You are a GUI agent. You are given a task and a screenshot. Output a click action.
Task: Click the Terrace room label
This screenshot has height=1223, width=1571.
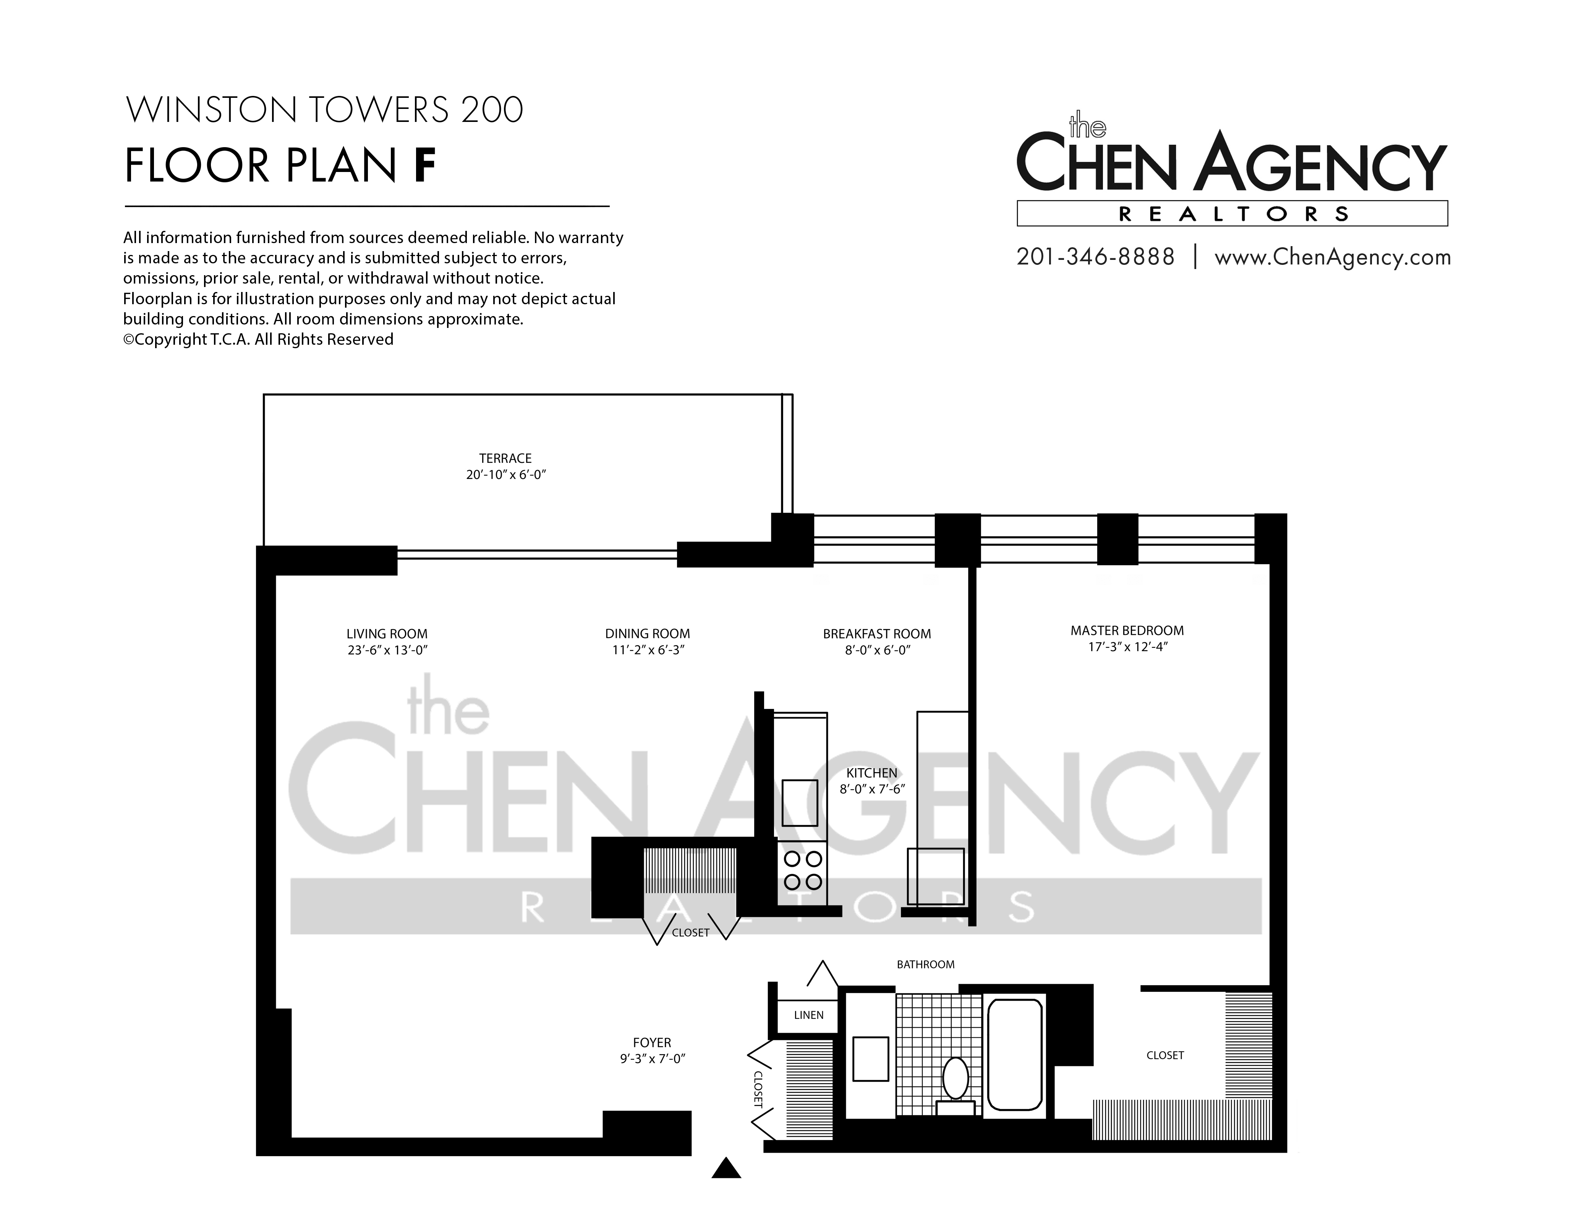pos(506,458)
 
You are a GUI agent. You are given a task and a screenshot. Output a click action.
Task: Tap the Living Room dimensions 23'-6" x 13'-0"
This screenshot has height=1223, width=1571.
pos(387,650)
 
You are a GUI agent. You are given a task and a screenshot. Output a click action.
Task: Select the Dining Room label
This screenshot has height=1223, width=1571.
pos(648,634)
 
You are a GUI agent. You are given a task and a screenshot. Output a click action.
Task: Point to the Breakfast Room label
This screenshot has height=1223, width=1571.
pos(877,634)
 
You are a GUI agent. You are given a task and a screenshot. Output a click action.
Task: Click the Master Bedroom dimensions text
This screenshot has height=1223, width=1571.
pos(1127,647)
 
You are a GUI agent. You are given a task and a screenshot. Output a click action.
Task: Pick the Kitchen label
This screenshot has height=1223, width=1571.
pos(872,773)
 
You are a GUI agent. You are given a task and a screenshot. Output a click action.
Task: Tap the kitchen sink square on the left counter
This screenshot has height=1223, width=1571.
pos(800,803)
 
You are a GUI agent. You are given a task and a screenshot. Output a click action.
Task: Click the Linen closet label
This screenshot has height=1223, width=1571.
pos(808,1015)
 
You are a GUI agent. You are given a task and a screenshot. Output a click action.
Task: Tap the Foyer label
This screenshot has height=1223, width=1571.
pos(652,1043)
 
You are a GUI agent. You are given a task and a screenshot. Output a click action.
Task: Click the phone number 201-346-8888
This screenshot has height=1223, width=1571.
pos(1095,257)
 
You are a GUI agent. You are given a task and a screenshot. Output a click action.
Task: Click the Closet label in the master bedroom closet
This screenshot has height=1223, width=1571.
pos(1165,1055)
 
